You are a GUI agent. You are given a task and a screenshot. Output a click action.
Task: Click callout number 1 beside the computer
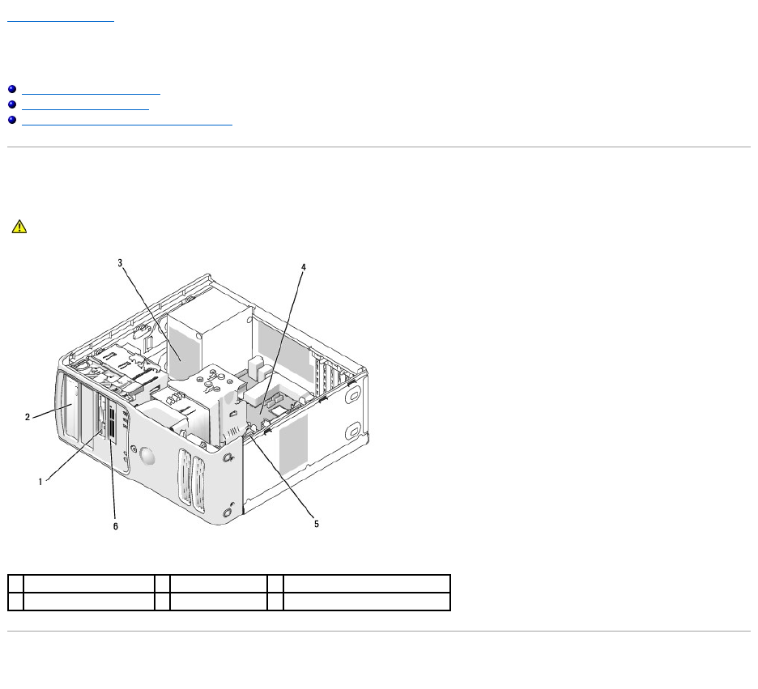point(40,481)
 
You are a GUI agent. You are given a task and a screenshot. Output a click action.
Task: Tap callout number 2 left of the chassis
point(28,417)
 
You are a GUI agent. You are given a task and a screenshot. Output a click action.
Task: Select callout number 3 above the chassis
point(120,263)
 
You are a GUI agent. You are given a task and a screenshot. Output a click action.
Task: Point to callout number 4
point(304,267)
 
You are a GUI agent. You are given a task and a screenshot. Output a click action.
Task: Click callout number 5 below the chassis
point(317,524)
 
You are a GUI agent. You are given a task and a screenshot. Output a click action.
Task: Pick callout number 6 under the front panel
point(116,526)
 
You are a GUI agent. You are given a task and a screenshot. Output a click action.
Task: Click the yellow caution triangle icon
point(19,227)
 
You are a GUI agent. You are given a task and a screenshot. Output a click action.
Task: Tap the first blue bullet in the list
point(12,89)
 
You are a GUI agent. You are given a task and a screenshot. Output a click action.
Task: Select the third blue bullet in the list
point(12,120)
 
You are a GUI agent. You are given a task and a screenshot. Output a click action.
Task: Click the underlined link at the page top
point(61,21)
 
